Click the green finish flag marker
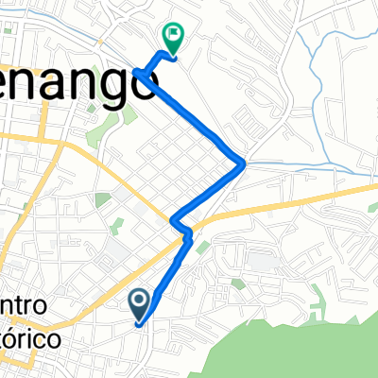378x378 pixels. click(174, 37)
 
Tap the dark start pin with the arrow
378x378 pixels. click(139, 303)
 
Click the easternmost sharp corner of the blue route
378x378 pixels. click(244, 163)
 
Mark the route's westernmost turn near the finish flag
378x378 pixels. click(137, 71)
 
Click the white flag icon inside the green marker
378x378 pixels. click(174, 35)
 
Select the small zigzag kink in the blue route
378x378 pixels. click(181, 227)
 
